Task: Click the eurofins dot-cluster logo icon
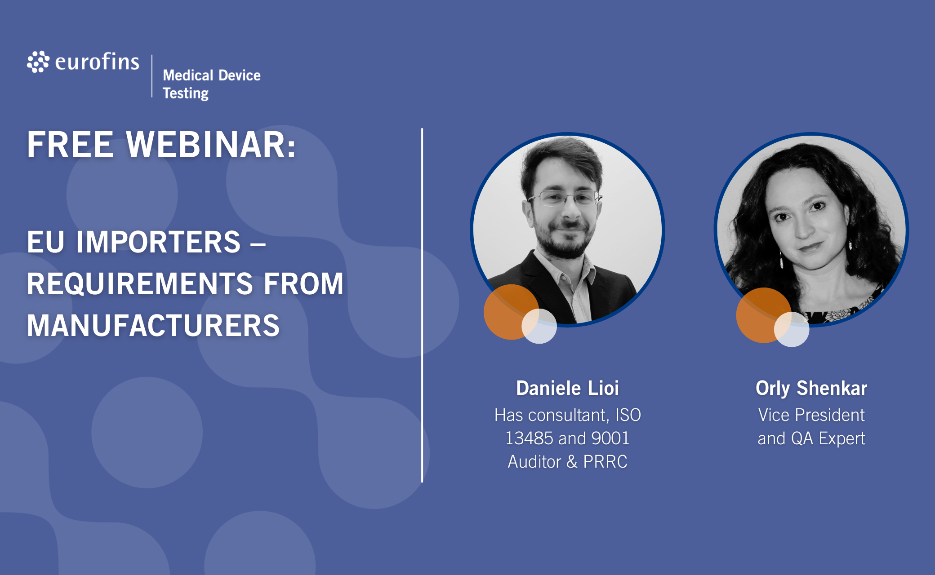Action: [38, 62]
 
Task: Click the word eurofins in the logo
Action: [97, 62]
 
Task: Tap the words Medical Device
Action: [212, 75]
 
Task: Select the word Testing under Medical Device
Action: [186, 93]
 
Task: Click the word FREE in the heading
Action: [70, 145]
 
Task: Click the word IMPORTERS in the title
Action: [158, 242]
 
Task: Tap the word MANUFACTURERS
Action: [153, 325]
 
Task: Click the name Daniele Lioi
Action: [567, 388]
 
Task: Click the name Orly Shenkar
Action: [811, 388]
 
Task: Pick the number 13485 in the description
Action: [529, 438]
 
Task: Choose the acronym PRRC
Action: [605, 462]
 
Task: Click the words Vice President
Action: [811, 415]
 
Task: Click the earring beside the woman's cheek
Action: [850, 245]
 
